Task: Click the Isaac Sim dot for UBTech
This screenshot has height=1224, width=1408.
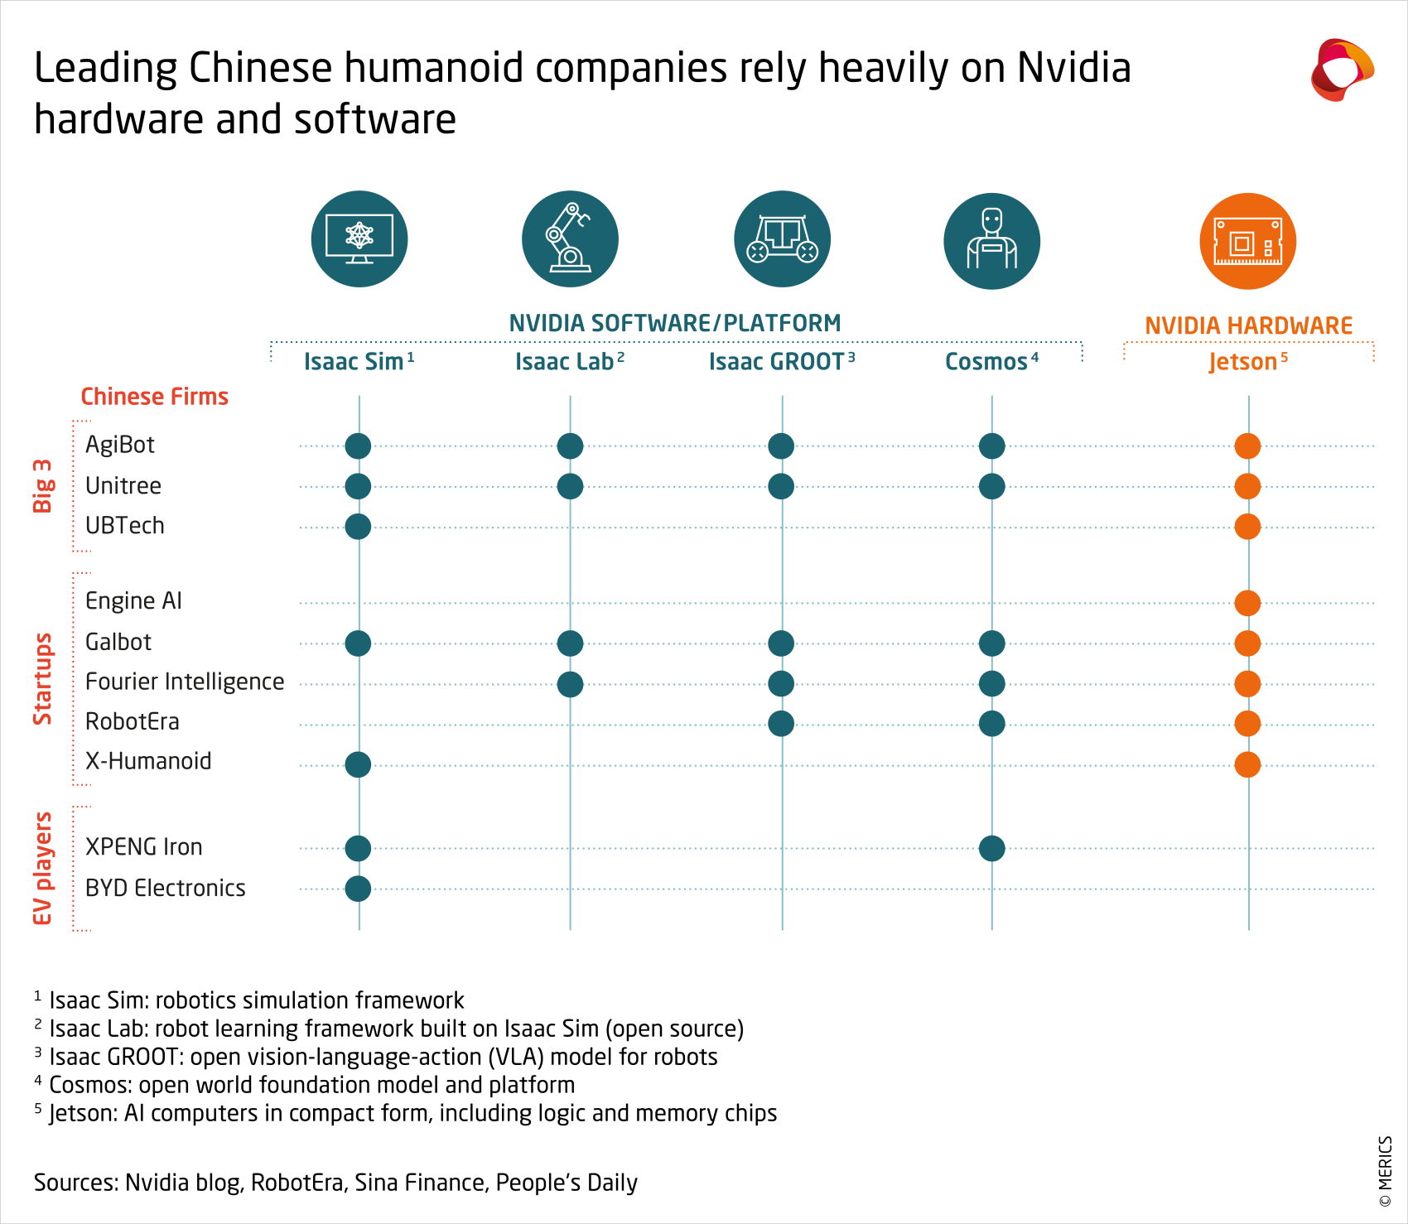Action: [358, 527]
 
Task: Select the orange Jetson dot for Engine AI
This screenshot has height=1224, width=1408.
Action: [1247, 603]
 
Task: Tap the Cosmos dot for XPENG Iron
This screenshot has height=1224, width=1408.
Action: [991, 848]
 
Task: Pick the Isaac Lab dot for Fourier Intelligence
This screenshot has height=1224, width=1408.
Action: [570, 684]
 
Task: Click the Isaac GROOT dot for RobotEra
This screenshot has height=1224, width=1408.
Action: [781, 724]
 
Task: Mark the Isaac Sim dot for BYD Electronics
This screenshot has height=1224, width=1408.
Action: [358, 889]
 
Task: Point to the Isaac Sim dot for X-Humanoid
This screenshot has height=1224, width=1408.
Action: [358, 764]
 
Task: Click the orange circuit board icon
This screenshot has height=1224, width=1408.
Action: [1247, 241]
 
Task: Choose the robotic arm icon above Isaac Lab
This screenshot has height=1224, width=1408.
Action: [570, 239]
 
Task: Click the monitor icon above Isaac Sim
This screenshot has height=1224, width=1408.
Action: [359, 239]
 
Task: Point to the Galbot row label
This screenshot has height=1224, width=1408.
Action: [118, 642]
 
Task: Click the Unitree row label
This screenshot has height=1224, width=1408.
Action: [123, 486]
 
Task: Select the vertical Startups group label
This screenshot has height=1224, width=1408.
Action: [42, 679]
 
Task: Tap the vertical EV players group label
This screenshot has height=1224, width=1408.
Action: [42, 868]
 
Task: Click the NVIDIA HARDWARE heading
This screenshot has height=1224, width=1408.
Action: [1248, 325]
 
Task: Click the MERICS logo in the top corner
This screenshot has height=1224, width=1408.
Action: [1342, 70]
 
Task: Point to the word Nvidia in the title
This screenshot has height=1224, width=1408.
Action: [1073, 68]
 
